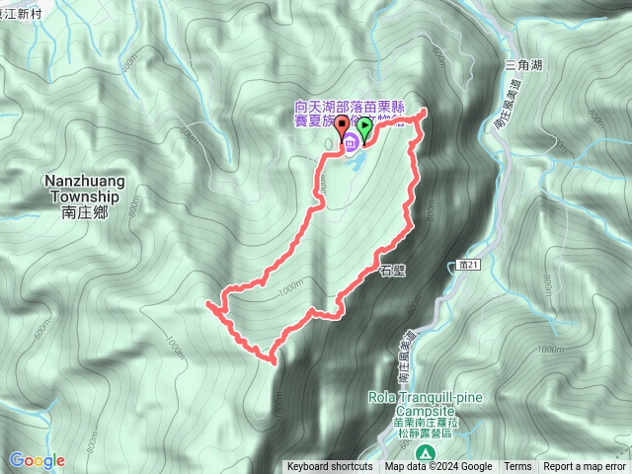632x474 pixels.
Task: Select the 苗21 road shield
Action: coord(469,265)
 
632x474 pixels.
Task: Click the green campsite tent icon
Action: coord(424,452)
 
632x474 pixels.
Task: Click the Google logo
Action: coord(38,460)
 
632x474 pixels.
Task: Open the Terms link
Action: coord(517,467)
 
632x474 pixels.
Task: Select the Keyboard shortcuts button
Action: coord(329,467)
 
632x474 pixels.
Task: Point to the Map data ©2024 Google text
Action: coord(438,467)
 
